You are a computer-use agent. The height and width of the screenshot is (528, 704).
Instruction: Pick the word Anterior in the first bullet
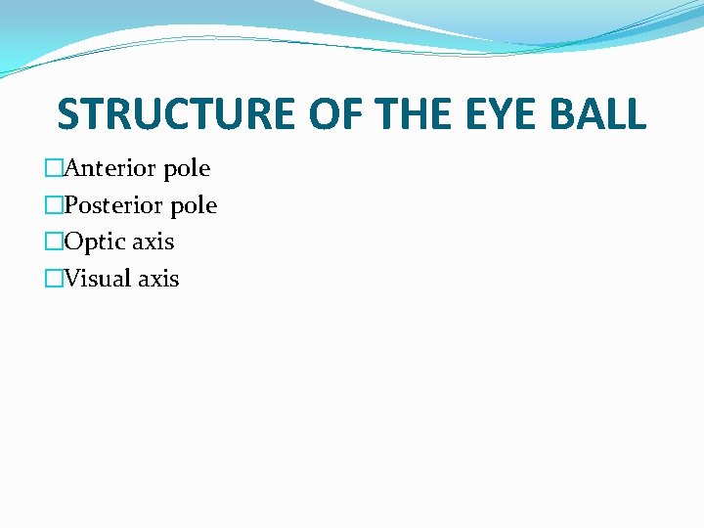pos(110,168)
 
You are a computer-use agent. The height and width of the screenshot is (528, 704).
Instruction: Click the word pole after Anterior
pos(186,169)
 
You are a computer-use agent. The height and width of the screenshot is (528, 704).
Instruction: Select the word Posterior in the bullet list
pos(113,205)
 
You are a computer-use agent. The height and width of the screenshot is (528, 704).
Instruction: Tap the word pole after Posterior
pos(193,206)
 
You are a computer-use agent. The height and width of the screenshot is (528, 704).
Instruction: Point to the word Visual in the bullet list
pos(98,279)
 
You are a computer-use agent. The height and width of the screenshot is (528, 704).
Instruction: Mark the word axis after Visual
pos(158,279)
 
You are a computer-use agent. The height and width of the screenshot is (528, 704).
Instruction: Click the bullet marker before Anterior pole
pos(53,169)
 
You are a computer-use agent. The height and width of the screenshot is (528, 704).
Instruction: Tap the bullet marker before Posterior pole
pos(53,205)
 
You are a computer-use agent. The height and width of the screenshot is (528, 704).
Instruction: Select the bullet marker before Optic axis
pos(53,242)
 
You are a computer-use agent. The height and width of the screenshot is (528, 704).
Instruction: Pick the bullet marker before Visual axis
pos(53,279)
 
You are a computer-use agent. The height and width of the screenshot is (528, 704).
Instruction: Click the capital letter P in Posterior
pos(70,205)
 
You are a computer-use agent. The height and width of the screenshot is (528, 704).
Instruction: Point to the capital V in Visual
pos(72,279)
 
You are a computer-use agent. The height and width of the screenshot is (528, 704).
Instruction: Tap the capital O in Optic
pos(73,242)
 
